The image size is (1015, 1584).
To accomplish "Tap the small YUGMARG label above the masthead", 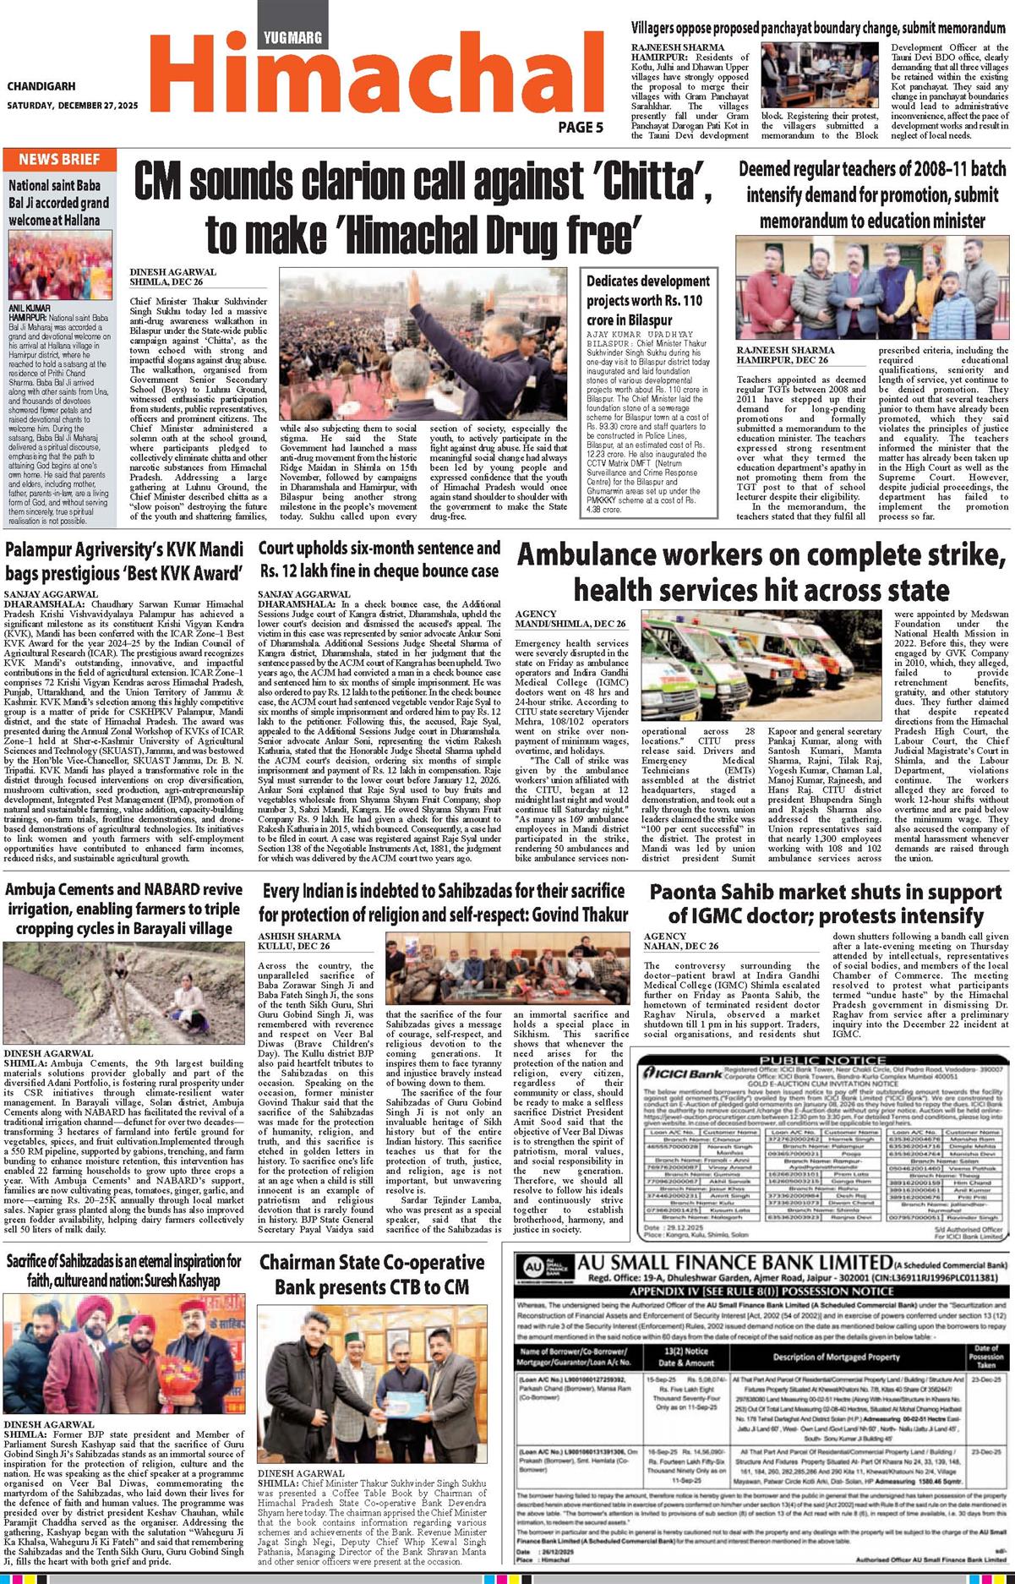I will [x=292, y=38].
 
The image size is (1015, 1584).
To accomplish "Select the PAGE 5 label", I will [x=581, y=128].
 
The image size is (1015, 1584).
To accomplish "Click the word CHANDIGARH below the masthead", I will [x=41, y=86].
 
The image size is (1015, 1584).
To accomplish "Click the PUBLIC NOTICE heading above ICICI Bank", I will [x=823, y=1060].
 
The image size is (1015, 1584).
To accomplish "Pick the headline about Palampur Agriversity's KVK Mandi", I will [x=124, y=560].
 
